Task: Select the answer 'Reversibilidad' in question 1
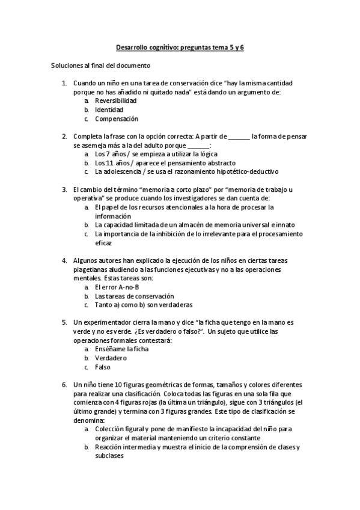pyautogui.click(x=116, y=101)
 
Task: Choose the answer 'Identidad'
pyautogui.click(x=109, y=110)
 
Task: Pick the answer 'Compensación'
pyautogui.click(x=117, y=119)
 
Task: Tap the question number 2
pyautogui.click(x=64, y=137)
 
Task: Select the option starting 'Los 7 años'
pyautogui.click(x=151, y=155)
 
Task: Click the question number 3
pyautogui.click(x=64, y=189)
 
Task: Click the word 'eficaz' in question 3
pyautogui.click(x=104, y=243)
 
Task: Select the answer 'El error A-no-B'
pyautogui.click(x=117, y=287)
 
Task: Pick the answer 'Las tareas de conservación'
pyautogui.click(x=134, y=296)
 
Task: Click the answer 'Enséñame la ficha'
pyautogui.click(x=121, y=349)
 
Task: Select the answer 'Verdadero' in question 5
pyautogui.click(x=111, y=358)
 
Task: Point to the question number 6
pyautogui.click(x=64, y=384)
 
